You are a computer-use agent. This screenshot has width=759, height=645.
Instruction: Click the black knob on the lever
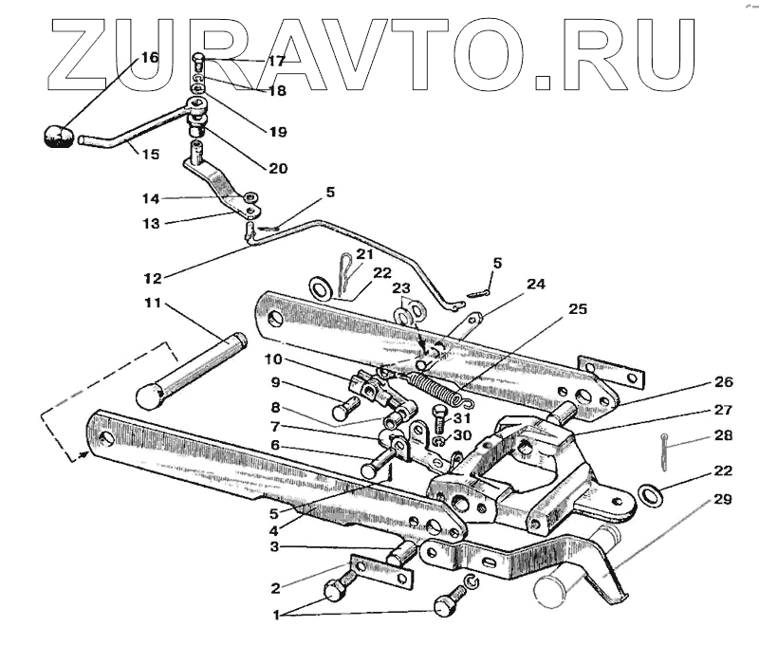(58, 136)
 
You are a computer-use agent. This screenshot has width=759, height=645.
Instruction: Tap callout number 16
(150, 58)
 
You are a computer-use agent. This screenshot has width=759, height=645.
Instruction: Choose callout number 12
(153, 278)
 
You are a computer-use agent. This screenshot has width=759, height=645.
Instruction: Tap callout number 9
(275, 383)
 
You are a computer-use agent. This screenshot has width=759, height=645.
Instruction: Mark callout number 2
(275, 587)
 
